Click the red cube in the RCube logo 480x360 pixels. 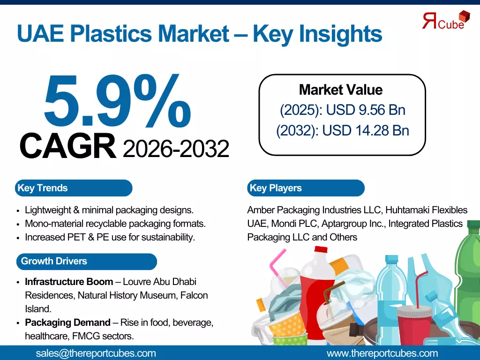(464, 16)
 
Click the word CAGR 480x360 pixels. (67, 147)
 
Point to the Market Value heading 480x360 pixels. (341, 90)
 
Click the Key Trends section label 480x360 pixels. (43, 188)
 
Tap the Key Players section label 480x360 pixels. (276, 188)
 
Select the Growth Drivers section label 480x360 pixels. (54, 261)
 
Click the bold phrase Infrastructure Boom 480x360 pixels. (69, 282)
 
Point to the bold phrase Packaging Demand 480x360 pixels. (68, 322)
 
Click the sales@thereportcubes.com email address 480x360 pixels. (96, 353)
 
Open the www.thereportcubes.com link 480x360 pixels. (382, 353)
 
